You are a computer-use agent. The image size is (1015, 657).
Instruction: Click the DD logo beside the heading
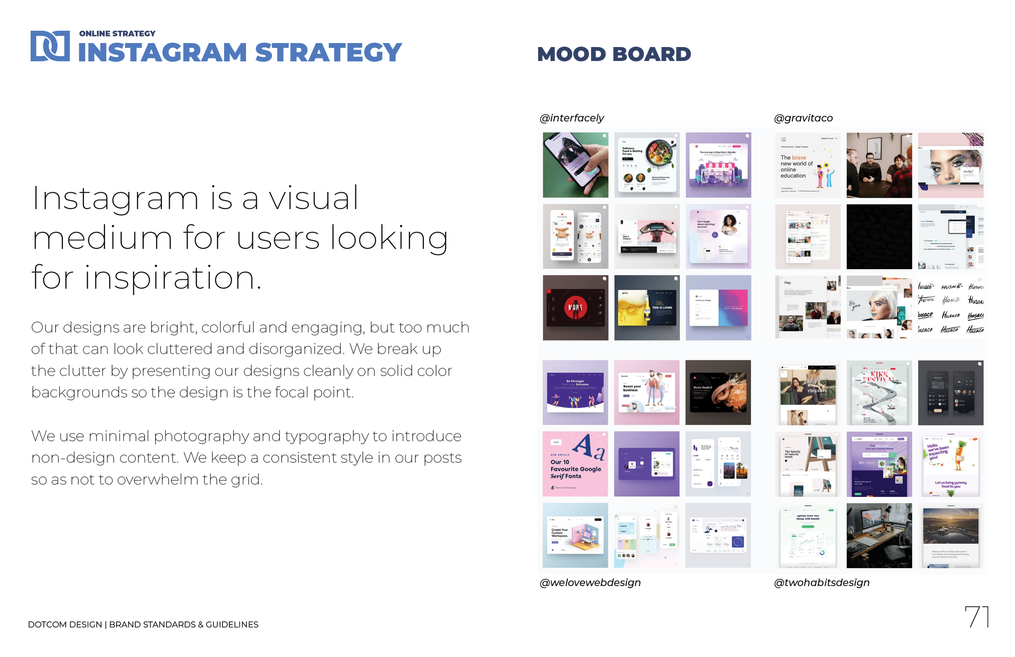[50, 46]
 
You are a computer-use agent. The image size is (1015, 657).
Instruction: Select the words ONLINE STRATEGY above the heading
[117, 33]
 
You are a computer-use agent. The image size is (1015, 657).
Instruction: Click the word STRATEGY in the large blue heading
[328, 52]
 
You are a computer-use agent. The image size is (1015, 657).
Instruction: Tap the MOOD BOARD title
[614, 54]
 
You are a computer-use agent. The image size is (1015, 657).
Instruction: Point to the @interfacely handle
[572, 118]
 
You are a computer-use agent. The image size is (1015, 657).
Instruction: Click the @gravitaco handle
[803, 118]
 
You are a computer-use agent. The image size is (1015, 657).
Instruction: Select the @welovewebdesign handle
[590, 582]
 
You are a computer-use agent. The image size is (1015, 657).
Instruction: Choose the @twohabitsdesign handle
[821, 582]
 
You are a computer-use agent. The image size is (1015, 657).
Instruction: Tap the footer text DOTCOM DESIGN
[65, 625]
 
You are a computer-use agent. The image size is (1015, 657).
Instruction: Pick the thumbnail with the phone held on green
[575, 165]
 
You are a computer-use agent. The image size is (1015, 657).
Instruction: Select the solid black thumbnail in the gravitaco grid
[879, 236]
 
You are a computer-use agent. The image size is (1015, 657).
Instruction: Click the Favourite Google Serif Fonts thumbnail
[575, 464]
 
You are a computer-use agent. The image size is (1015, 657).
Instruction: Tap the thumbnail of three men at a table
[879, 165]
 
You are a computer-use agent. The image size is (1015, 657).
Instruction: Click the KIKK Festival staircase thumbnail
[879, 393]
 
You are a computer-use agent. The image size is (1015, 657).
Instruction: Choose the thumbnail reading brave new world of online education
[808, 165]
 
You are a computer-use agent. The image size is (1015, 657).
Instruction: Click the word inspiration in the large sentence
[172, 278]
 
